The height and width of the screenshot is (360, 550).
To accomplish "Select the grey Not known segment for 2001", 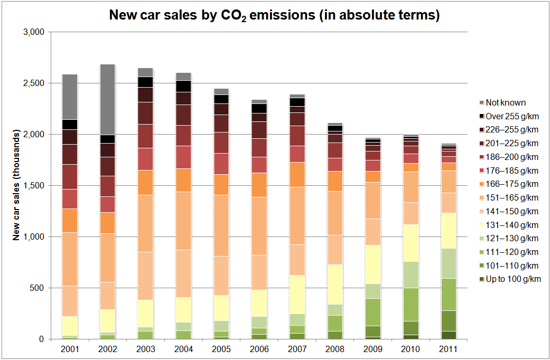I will pyautogui.click(x=70, y=97).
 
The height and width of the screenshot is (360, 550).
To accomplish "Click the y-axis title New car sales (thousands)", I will pyautogui.click(x=16, y=186).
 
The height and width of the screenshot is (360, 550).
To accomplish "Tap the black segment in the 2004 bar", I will pyautogui.click(x=183, y=86).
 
